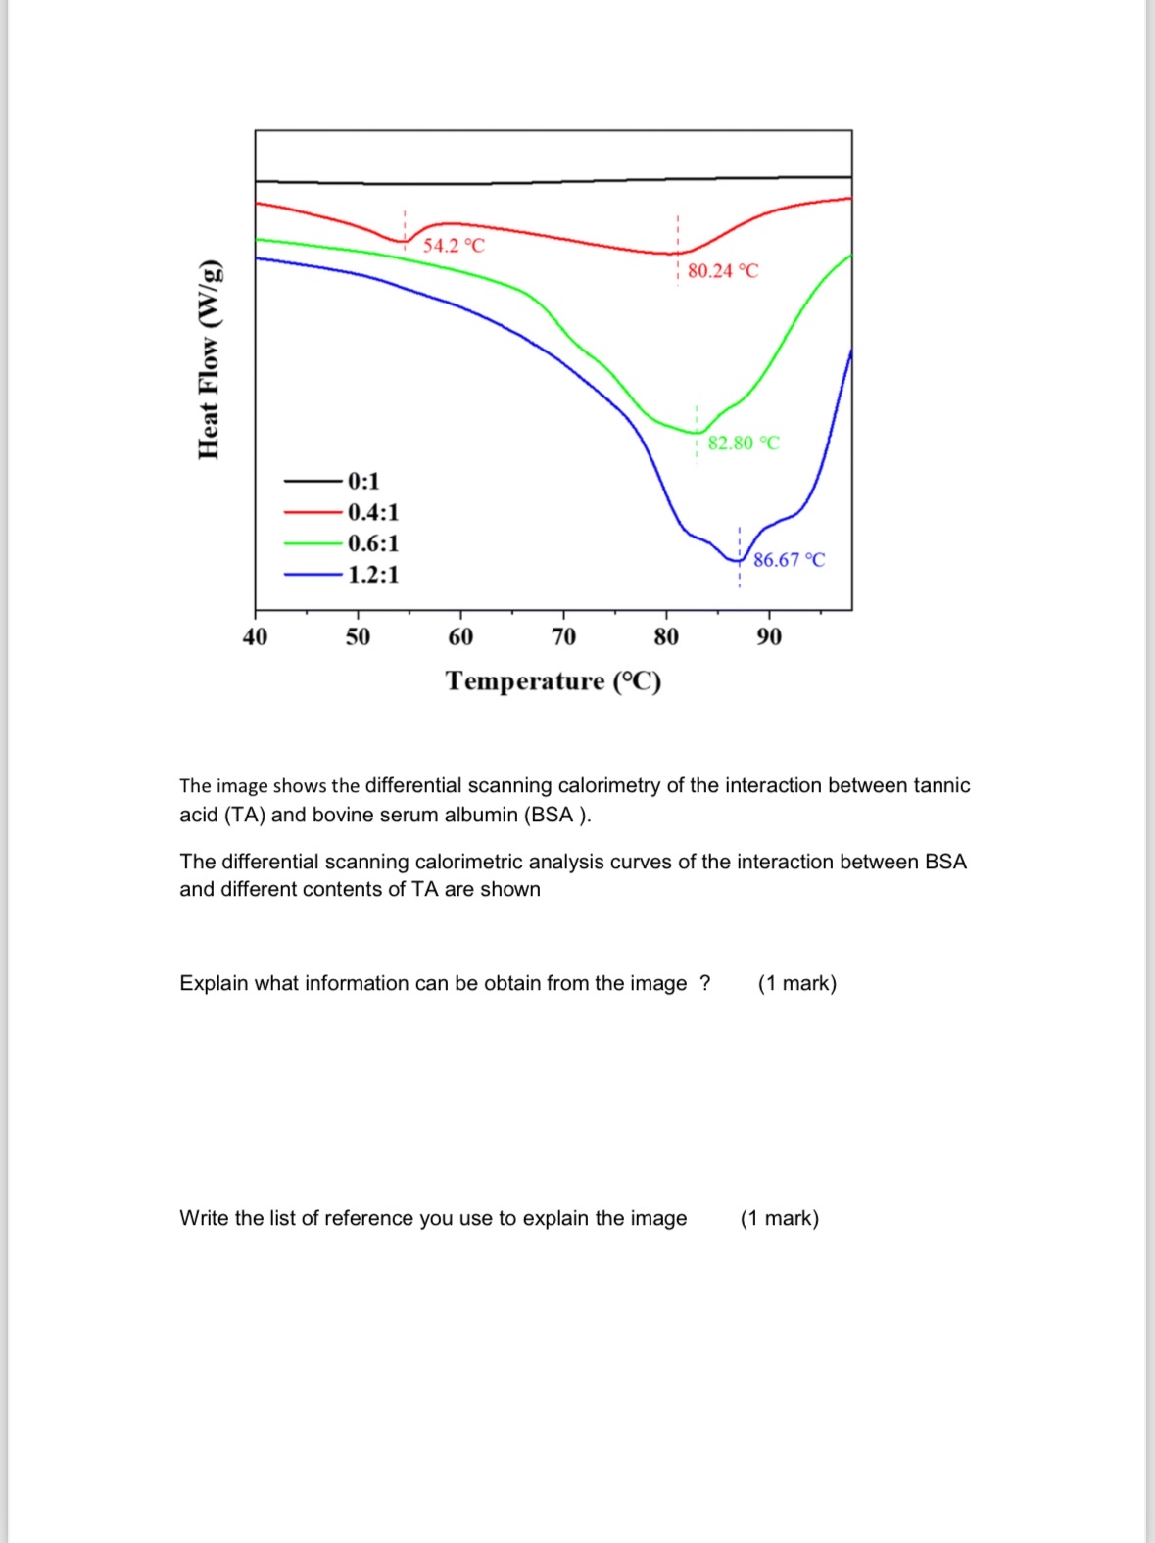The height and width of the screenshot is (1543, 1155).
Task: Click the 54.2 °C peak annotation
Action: (454, 245)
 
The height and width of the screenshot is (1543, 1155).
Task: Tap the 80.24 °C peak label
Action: (723, 271)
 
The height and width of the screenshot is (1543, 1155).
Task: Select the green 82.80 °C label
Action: (744, 443)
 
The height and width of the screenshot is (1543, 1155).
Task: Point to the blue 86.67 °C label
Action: (789, 560)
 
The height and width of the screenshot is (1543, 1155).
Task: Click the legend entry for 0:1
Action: (363, 481)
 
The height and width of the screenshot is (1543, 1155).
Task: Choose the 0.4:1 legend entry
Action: (373, 512)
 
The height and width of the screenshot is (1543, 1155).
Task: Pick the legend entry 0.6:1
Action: (373, 543)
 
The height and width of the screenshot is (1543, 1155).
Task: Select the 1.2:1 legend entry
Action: (373, 575)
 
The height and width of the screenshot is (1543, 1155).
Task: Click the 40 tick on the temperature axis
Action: (255, 637)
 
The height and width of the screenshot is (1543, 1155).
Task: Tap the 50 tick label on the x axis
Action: (358, 637)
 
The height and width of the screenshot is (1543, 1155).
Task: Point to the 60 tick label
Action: (460, 637)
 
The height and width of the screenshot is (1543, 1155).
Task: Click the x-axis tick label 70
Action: (563, 637)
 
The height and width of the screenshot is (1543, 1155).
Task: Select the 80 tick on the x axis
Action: (666, 637)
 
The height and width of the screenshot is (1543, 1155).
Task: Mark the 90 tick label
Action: (769, 637)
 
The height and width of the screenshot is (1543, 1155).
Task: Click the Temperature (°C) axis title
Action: (553, 680)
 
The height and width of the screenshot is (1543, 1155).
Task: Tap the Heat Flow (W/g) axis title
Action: (209, 360)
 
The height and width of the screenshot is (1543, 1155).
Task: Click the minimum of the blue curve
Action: (739, 560)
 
